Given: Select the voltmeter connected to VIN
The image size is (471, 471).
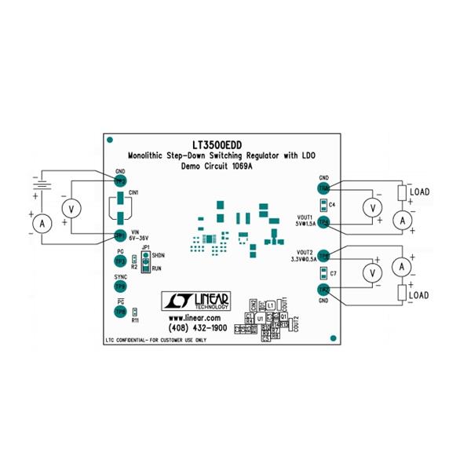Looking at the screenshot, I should [73, 208].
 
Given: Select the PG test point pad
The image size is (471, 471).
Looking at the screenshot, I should [120, 261].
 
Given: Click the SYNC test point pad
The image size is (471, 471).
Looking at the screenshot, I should [120, 287].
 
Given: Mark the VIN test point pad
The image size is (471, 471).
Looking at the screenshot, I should [120, 235].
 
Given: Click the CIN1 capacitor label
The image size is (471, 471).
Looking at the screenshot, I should [133, 192].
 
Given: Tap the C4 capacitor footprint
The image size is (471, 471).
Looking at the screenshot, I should [322, 204].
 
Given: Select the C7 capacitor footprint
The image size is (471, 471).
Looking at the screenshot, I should [322, 273].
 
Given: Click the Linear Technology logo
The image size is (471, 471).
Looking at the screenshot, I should [195, 301].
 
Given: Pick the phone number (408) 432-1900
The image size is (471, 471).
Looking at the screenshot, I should [196, 327].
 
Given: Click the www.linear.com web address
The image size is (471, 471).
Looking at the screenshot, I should [195, 317].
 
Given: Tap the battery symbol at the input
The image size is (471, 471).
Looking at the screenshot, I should [39, 188].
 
